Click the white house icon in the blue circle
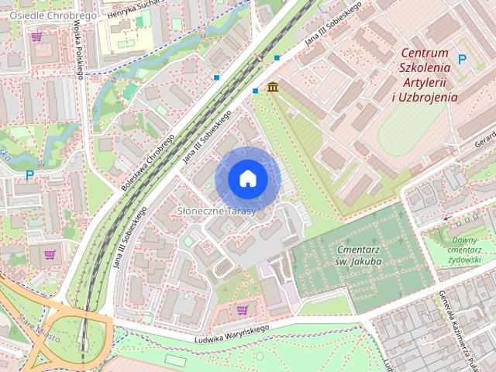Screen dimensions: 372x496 coord(247,179)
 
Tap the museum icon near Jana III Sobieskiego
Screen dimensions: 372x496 coord(273,87)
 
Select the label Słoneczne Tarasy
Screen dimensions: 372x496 coord(212,211)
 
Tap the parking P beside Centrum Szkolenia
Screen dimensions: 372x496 coord(462,59)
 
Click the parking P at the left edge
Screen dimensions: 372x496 coord(29,175)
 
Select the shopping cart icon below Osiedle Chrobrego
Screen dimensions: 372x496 coord(36,36)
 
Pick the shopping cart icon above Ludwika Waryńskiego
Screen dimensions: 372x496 coord(242,310)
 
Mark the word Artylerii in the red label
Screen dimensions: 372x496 coord(426,82)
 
